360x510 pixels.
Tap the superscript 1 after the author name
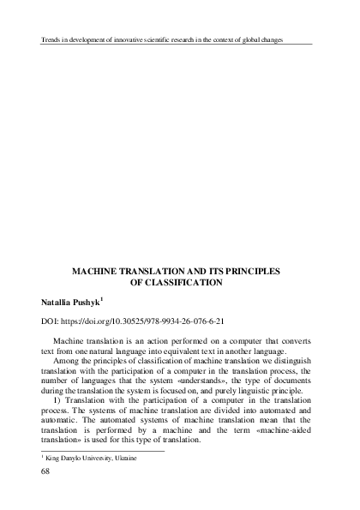(x=103, y=298)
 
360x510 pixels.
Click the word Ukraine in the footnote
(x=123, y=459)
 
